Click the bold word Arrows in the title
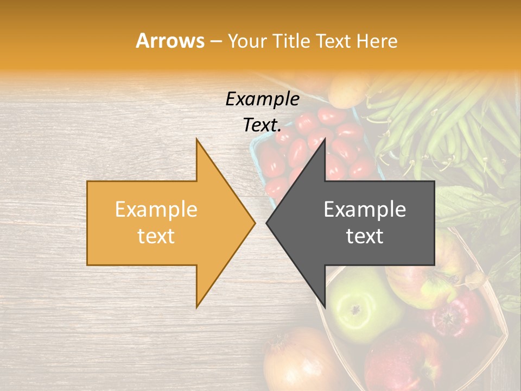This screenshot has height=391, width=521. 170,41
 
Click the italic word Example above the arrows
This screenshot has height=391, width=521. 262,99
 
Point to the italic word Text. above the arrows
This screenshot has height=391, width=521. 262,125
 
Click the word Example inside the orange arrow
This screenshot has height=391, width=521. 156,209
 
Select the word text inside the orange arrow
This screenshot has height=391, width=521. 156,236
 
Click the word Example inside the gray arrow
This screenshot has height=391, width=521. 365,209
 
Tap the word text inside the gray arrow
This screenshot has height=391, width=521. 365,236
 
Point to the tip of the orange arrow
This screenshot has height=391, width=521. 255,223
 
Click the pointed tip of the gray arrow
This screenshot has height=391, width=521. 266,223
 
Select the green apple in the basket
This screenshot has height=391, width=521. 358,304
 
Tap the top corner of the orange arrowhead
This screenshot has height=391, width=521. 197,140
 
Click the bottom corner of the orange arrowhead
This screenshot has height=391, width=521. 197,307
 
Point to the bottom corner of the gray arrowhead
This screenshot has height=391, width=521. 325,306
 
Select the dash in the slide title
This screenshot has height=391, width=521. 215,41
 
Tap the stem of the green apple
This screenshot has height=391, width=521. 355,310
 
